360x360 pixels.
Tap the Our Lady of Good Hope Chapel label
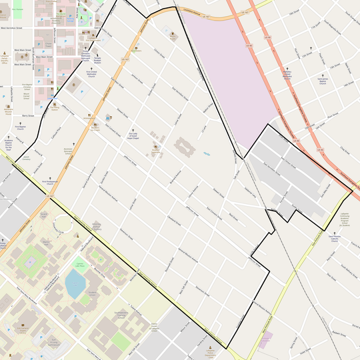click(132, 134)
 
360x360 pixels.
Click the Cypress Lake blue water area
click(74, 285)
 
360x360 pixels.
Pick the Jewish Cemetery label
click(27, 158)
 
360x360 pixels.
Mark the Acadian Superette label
click(135, 51)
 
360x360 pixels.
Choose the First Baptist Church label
click(20, 128)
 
